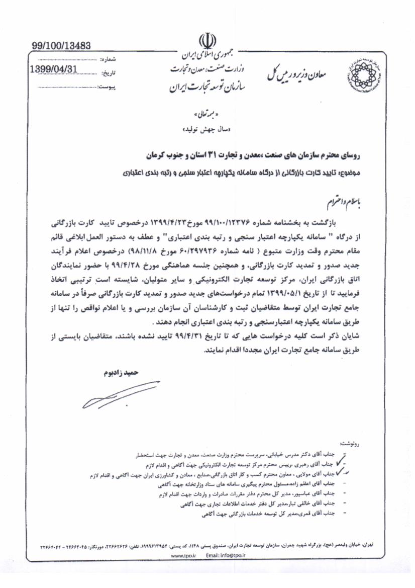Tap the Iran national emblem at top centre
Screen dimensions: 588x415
(207, 40)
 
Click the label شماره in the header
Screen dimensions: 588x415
(109, 59)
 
